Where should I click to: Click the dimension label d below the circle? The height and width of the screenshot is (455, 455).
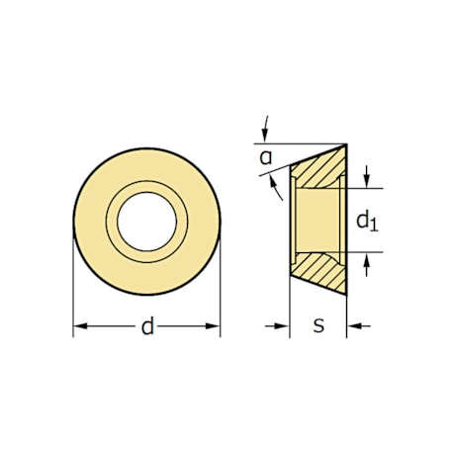147,326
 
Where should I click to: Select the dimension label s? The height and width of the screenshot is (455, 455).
318,324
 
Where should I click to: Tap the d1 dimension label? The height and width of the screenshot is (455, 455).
366,220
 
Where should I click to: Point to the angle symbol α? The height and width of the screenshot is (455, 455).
266,156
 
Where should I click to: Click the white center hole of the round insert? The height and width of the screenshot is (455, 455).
146,219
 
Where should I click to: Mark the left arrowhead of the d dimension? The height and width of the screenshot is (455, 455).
80,325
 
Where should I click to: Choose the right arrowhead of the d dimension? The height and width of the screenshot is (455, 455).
214,325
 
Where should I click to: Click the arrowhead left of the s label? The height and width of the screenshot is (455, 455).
282,324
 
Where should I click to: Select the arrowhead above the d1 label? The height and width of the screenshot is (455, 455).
366,181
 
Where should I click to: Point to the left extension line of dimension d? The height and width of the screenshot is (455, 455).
74,287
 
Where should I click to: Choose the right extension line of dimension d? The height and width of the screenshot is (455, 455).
220,287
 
